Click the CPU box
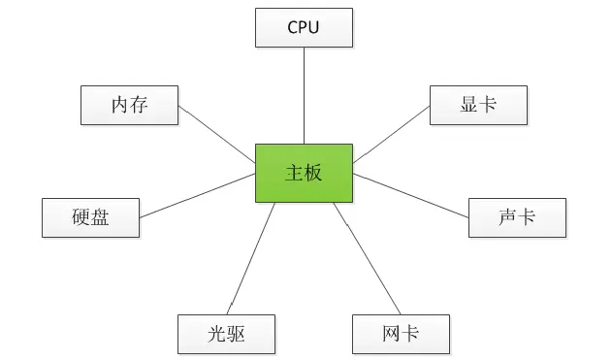pyautogui.click(x=304, y=27)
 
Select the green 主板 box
pyautogui.click(x=304, y=174)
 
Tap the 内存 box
pyautogui.click(x=129, y=105)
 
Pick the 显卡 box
pyautogui.click(x=477, y=105)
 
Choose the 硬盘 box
pyautogui.click(x=90, y=217)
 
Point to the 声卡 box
pyautogui.click(x=516, y=217)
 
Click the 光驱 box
pyautogui.click(x=226, y=334)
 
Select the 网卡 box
pyautogui.click(x=400, y=334)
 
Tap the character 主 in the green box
pyautogui.click(x=294, y=174)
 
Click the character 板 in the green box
pyautogui.click(x=313, y=174)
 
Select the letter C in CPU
pyautogui.click(x=292, y=27)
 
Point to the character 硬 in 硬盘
pyautogui.click(x=81, y=217)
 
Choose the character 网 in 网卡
pyautogui.click(x=390, y=334)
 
